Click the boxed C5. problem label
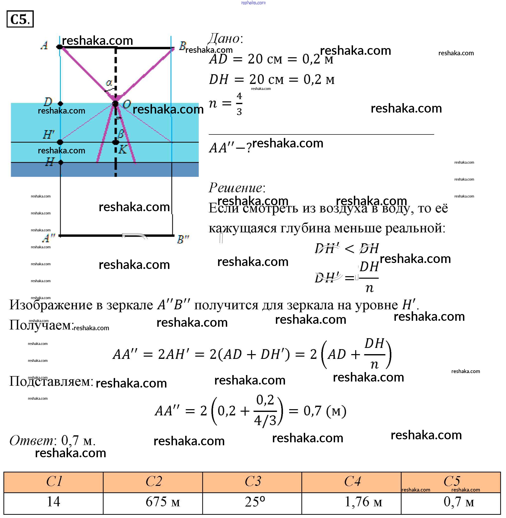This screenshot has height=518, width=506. [20, 19]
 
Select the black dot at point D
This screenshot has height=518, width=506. [60, 103]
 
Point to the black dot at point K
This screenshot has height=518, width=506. [115, 142]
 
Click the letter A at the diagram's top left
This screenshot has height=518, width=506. [44, 45]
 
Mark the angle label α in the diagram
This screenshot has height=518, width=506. [109, 83]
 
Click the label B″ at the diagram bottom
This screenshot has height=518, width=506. [183, 239]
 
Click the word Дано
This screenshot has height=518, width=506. [225, 39]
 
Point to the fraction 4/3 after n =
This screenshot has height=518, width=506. [239, 104]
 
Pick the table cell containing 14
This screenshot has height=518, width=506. [53, 502]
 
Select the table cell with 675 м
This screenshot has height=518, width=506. [153, 502]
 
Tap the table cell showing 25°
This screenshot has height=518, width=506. [252, 502]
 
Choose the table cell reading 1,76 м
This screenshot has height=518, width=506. [351, 502]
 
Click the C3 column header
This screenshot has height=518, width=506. [252, 481]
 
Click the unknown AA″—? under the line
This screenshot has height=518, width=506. [230, 148]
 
